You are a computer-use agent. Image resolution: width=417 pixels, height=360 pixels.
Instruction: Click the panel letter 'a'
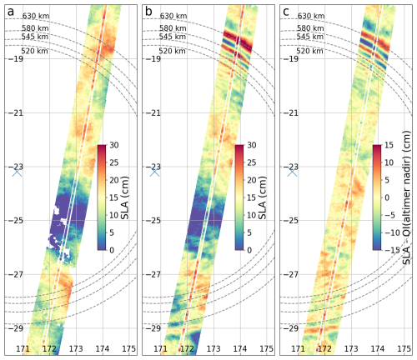[x=9, y=11]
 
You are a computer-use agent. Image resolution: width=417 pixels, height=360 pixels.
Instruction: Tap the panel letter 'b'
[x=148, y=11]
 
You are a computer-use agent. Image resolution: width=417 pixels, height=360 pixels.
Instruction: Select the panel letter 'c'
[x=286, y=11]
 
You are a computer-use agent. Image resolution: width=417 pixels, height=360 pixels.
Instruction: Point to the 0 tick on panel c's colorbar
[x=389, y=198]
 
